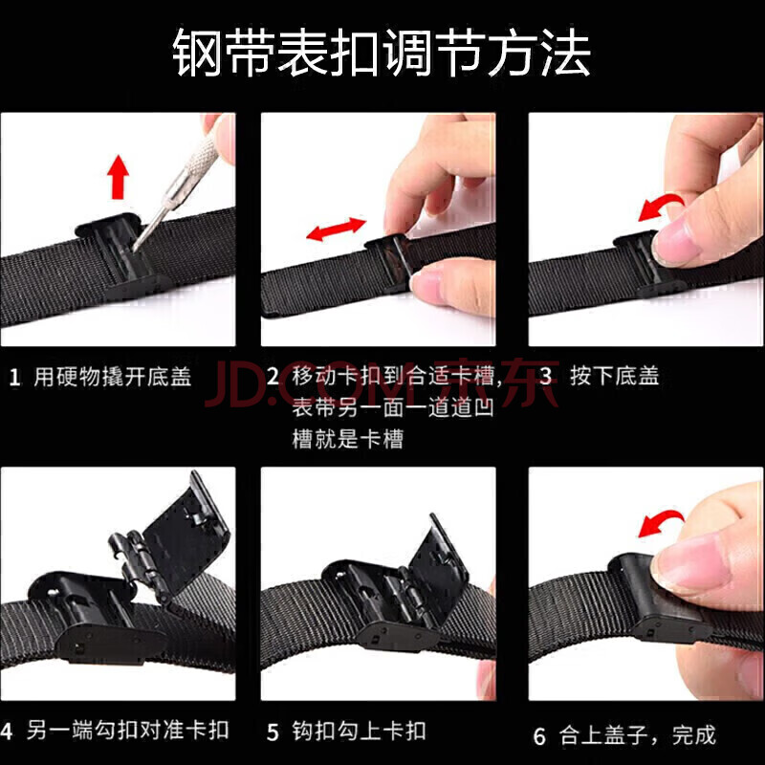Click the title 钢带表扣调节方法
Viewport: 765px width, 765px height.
[382, 53]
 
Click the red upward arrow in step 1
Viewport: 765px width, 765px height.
[118, 177]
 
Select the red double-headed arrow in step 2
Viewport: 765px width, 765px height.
[337, 229]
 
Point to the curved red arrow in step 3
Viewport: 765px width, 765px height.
[660, 205]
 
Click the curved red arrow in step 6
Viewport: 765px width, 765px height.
[660, 522]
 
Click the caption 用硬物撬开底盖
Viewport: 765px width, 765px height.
[112, 377]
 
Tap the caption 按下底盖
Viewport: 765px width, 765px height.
[614, 376]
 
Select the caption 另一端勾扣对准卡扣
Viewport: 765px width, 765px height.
[127, 731]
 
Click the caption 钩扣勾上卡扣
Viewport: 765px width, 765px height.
[359, 732]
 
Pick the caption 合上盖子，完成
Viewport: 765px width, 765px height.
[637, 735]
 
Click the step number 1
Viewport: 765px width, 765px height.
[14, 378]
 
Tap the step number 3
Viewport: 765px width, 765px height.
[545, 376]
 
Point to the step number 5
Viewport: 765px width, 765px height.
[273, 732]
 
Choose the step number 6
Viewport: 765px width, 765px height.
[539, 736]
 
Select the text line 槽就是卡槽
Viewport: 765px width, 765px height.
[348, 439]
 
